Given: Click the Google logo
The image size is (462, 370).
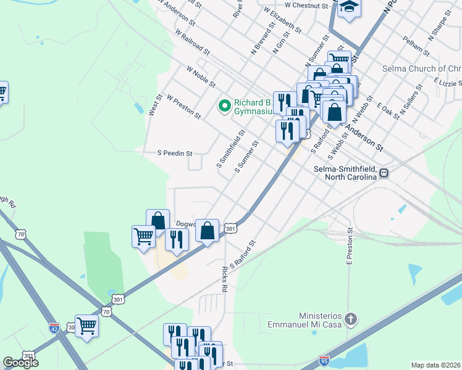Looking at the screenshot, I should click(x=20, y=363).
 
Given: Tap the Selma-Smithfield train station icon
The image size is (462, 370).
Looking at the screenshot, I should click(x=384, y=173).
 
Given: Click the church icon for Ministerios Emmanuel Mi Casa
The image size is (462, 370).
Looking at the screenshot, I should click(x=350, y=319).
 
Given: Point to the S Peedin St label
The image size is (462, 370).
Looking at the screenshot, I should click(x=176, y=153).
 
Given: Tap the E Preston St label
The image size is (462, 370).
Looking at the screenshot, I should click(x=350, y=247).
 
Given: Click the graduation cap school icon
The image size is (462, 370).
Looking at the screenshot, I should click(x=350, y=7).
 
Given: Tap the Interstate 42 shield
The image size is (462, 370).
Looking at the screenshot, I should click(x=55, y=327).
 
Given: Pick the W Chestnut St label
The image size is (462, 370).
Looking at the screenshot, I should click(x=304, y=6).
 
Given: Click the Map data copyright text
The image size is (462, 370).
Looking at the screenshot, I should click(x=435, y=365).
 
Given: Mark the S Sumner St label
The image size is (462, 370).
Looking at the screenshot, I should click(x=247, y=156).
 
